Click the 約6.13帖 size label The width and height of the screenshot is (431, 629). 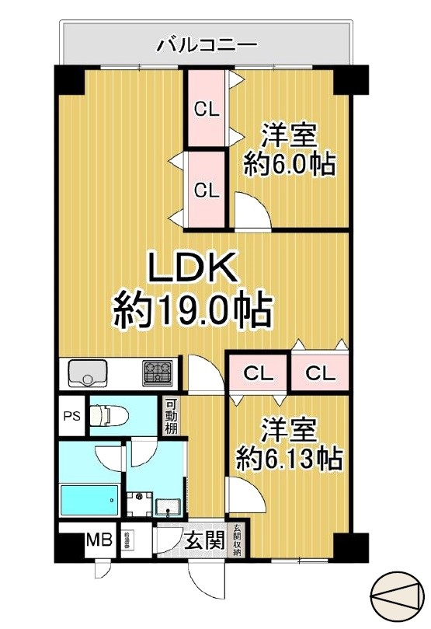pyautogui.click(x=288, y=460)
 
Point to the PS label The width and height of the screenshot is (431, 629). pyautogui.click(x=71, y=416)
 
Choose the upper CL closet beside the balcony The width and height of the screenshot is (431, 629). pyautogui.click(x=207, y=109)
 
